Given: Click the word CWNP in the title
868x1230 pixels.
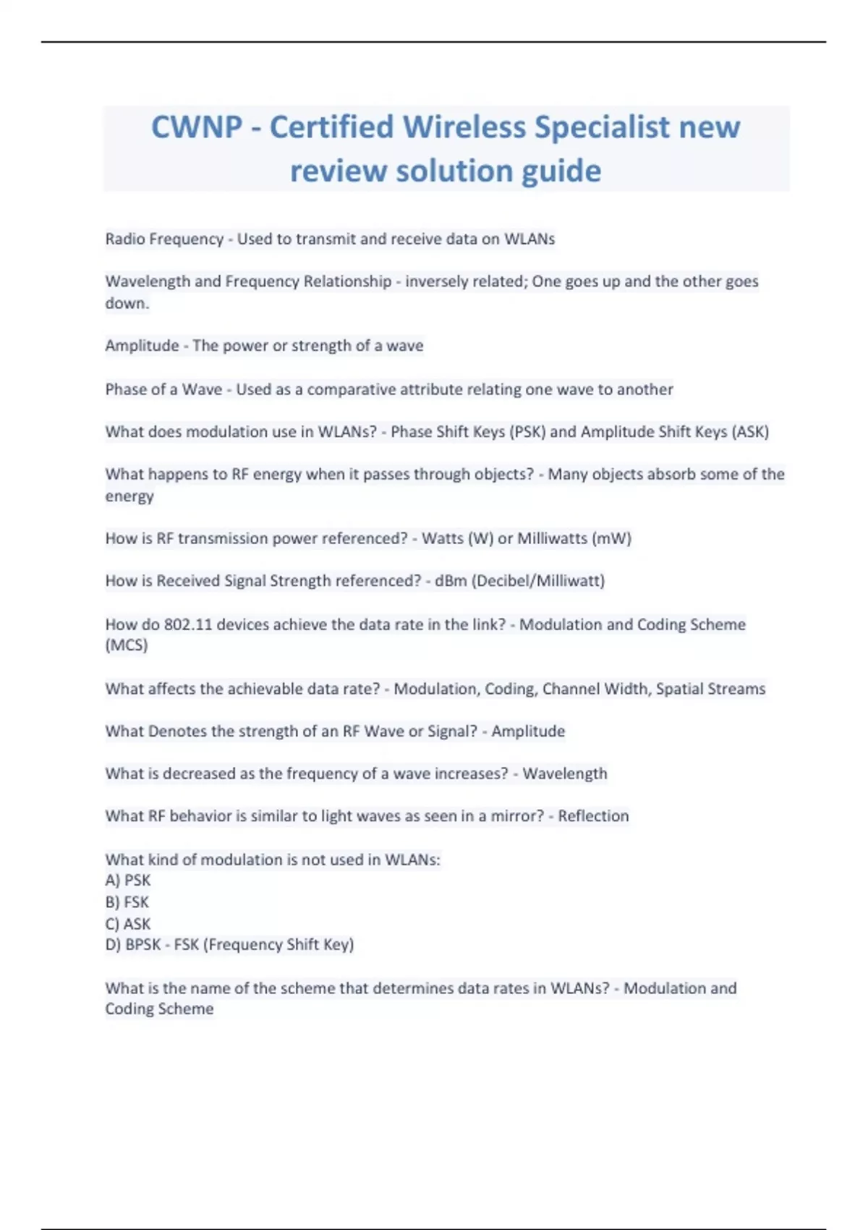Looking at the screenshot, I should [196, 127].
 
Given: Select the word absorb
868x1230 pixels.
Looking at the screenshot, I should [657, 475].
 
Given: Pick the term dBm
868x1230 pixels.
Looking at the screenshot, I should [450, 581].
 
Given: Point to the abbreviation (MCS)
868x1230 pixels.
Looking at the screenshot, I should [127, 645].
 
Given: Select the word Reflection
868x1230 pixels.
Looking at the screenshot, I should [593, 816].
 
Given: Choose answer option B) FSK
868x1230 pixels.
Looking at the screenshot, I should [127, 902].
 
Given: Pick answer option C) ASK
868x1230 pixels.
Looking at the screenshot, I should [128, 924].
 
